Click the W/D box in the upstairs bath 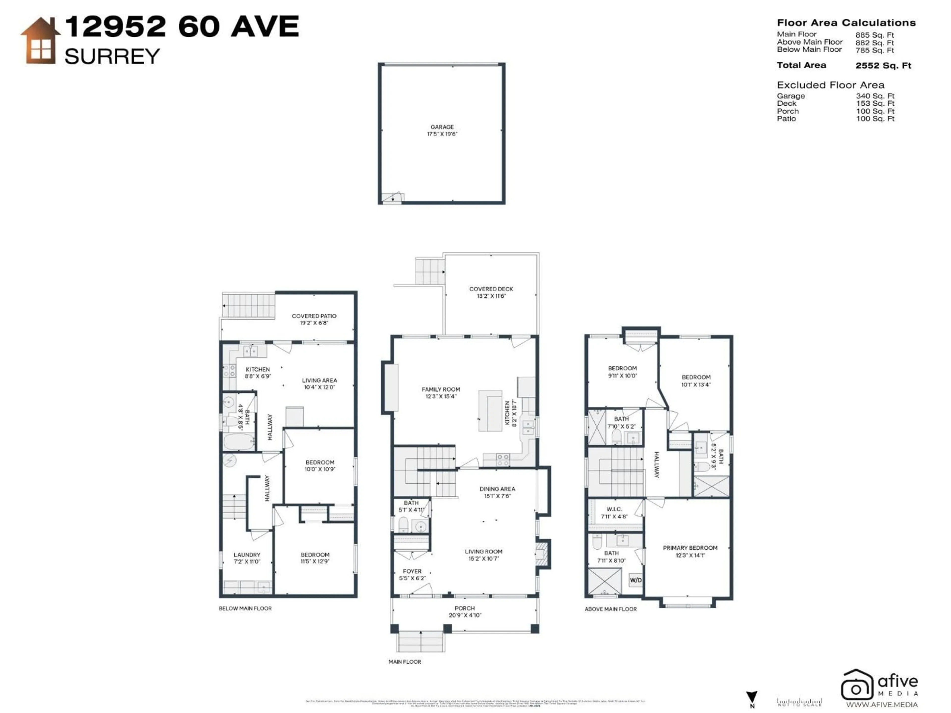tap(635, 580)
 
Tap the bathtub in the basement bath tap(238, 442)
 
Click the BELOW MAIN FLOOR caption tap(245, 609)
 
